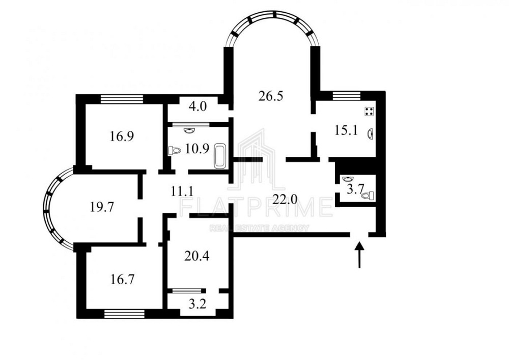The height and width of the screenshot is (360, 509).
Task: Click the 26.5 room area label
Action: (270, 96)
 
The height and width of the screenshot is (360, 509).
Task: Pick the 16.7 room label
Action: (123, 279)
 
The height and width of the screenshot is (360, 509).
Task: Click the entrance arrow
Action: (359, 254)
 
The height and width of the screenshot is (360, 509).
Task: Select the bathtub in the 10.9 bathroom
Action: (220, 156)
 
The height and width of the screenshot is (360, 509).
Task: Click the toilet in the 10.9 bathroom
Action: (175, 151)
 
